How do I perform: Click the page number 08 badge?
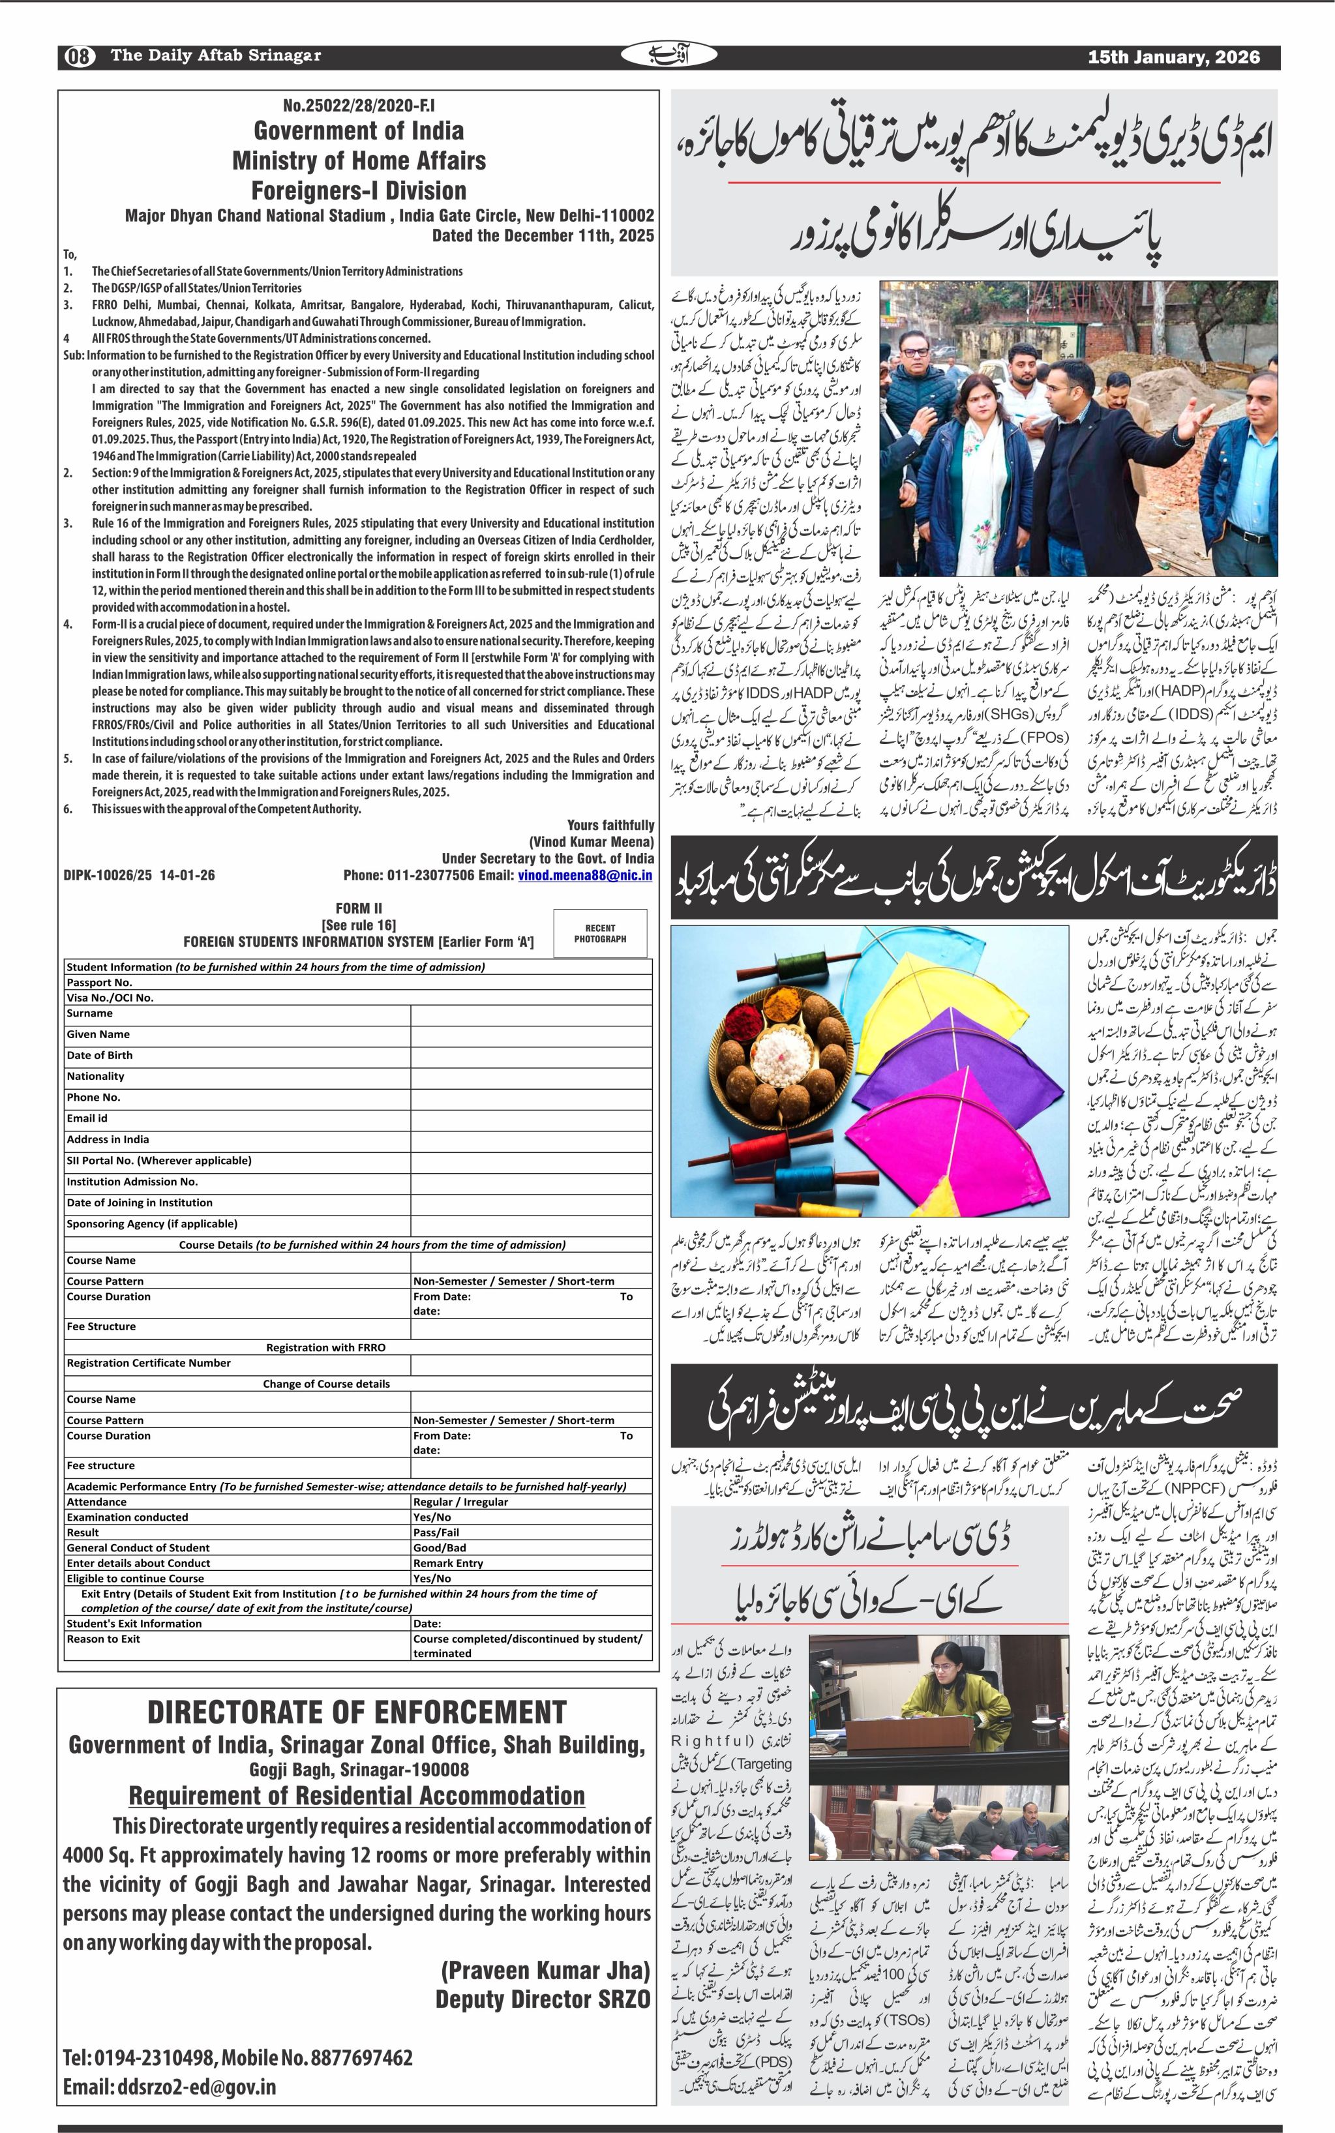pos(78,57)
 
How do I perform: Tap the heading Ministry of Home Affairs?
pos(359,160)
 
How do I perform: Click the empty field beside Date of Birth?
pos(531,1055)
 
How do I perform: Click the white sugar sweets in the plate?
pos(781,1051)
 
